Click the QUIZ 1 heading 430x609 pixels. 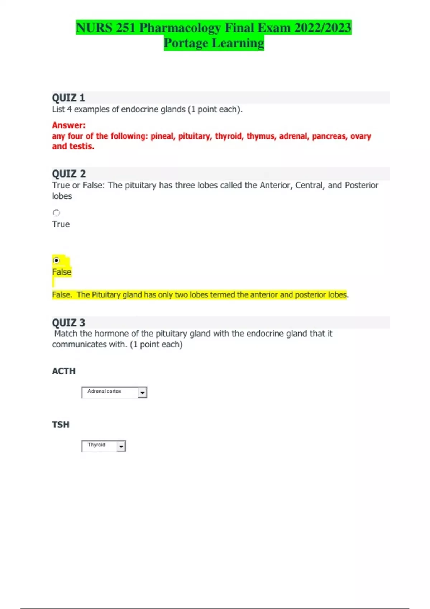68,98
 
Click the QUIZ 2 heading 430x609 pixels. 69,174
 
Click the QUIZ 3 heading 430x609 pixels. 68,322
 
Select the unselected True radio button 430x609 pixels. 56,213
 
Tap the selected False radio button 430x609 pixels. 56,260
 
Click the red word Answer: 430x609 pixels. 69,125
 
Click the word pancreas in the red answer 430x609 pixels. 329,136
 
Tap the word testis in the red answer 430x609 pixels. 82,146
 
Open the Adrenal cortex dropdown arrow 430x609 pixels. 142,393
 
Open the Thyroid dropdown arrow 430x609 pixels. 121,446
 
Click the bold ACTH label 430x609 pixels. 64,371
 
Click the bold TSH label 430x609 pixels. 61,425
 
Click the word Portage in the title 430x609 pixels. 186,43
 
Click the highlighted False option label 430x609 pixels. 62,272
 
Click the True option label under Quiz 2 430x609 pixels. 61,224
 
